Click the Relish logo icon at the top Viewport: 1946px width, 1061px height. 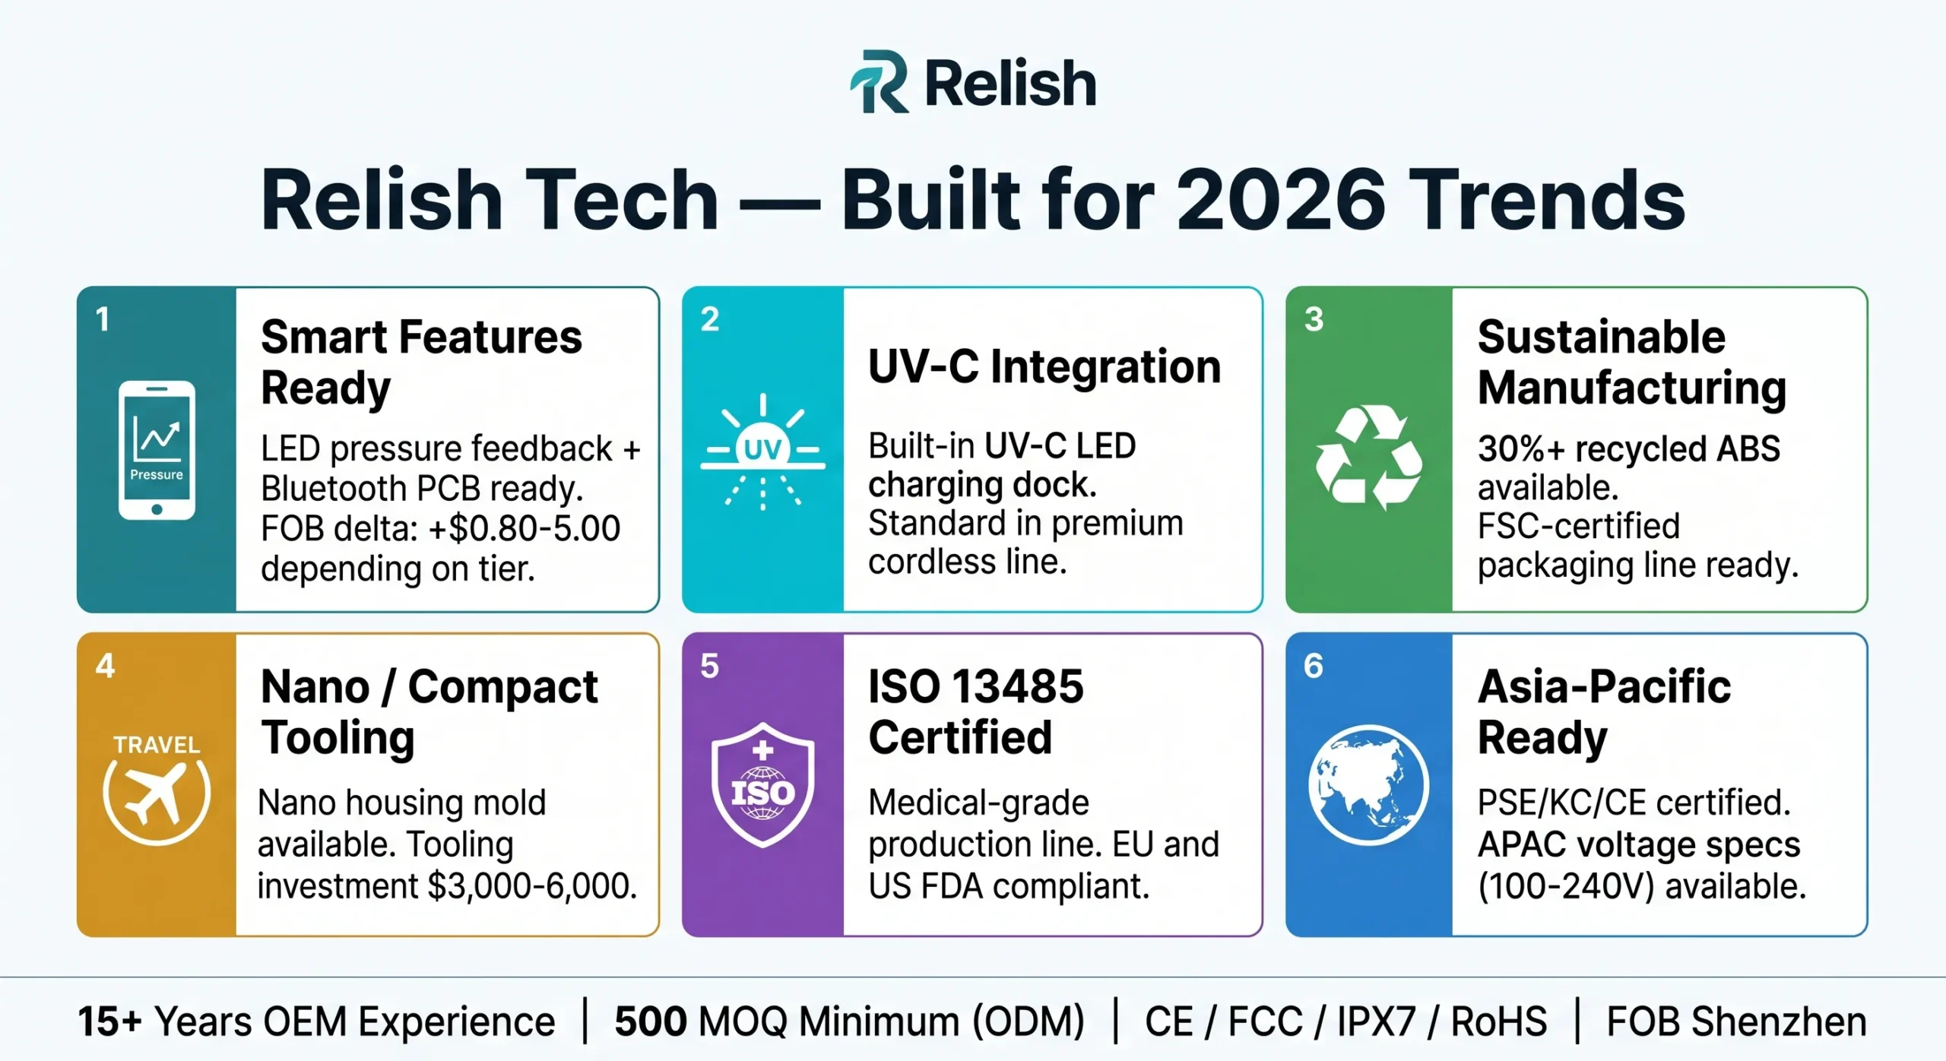880,82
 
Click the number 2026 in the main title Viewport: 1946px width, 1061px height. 1281,200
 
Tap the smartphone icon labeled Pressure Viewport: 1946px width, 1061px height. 157,450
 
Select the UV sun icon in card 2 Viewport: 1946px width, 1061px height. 762,451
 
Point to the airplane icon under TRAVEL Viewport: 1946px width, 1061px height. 157,794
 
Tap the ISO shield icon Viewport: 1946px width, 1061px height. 762,784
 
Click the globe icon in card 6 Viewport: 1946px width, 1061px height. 1368,784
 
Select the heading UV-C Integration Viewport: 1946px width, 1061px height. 1044,368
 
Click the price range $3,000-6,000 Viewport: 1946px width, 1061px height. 532,886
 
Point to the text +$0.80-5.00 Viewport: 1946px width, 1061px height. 525,528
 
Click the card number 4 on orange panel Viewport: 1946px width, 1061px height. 105,666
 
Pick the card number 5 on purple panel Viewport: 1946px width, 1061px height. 709,666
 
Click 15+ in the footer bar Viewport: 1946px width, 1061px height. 109,1021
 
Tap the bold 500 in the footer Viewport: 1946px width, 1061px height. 650,1021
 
